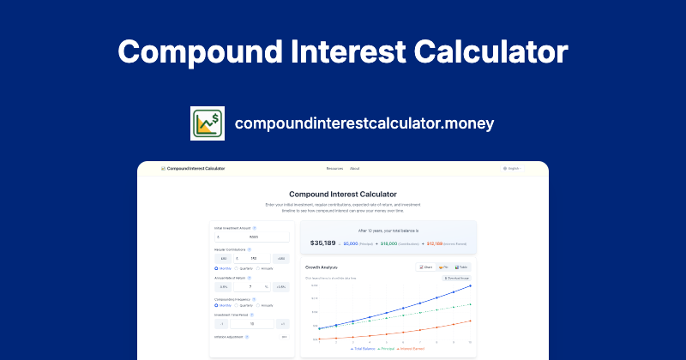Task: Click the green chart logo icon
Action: pyautogui.click(x=207, y=123)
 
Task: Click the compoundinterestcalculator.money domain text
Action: pyautogui.click(x=364, y=123)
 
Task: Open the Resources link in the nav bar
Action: pyautogui.click(x=334, y=169)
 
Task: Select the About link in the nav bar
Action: pyautogui.click(x=355, y=169)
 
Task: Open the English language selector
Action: pyautogui.click(x=512, y=169)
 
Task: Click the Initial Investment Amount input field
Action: pyautogui.click(x=252, y=236)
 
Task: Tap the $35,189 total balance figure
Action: pyautogui.click(x=324, y=243)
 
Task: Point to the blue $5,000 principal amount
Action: pyautogui.click(x=351, y=243)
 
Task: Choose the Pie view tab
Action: pyautogui.click(x=444, y=267)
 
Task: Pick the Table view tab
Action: pyautogui.click(x=462, y=267)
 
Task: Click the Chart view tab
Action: pyautogui.click(x=426, y=267)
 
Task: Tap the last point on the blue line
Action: pyautogui.click(x=470, y=286)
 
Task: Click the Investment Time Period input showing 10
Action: pyautogui.click(x=252, y=324)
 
